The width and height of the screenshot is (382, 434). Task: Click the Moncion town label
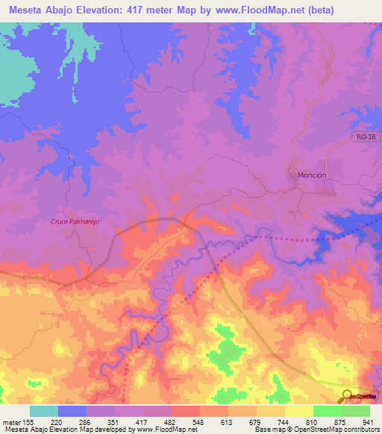click(312, 174)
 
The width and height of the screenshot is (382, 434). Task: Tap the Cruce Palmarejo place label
click(75, 221)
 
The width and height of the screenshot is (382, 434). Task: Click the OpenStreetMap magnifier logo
click(345, 396)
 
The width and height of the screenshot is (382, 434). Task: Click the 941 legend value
click(368, 421)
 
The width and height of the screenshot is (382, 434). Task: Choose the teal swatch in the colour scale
click(44, 411)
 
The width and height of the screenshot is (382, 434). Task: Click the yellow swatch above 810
click(299, 411)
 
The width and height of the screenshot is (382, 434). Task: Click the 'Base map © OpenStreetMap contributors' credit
click(316, 430)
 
